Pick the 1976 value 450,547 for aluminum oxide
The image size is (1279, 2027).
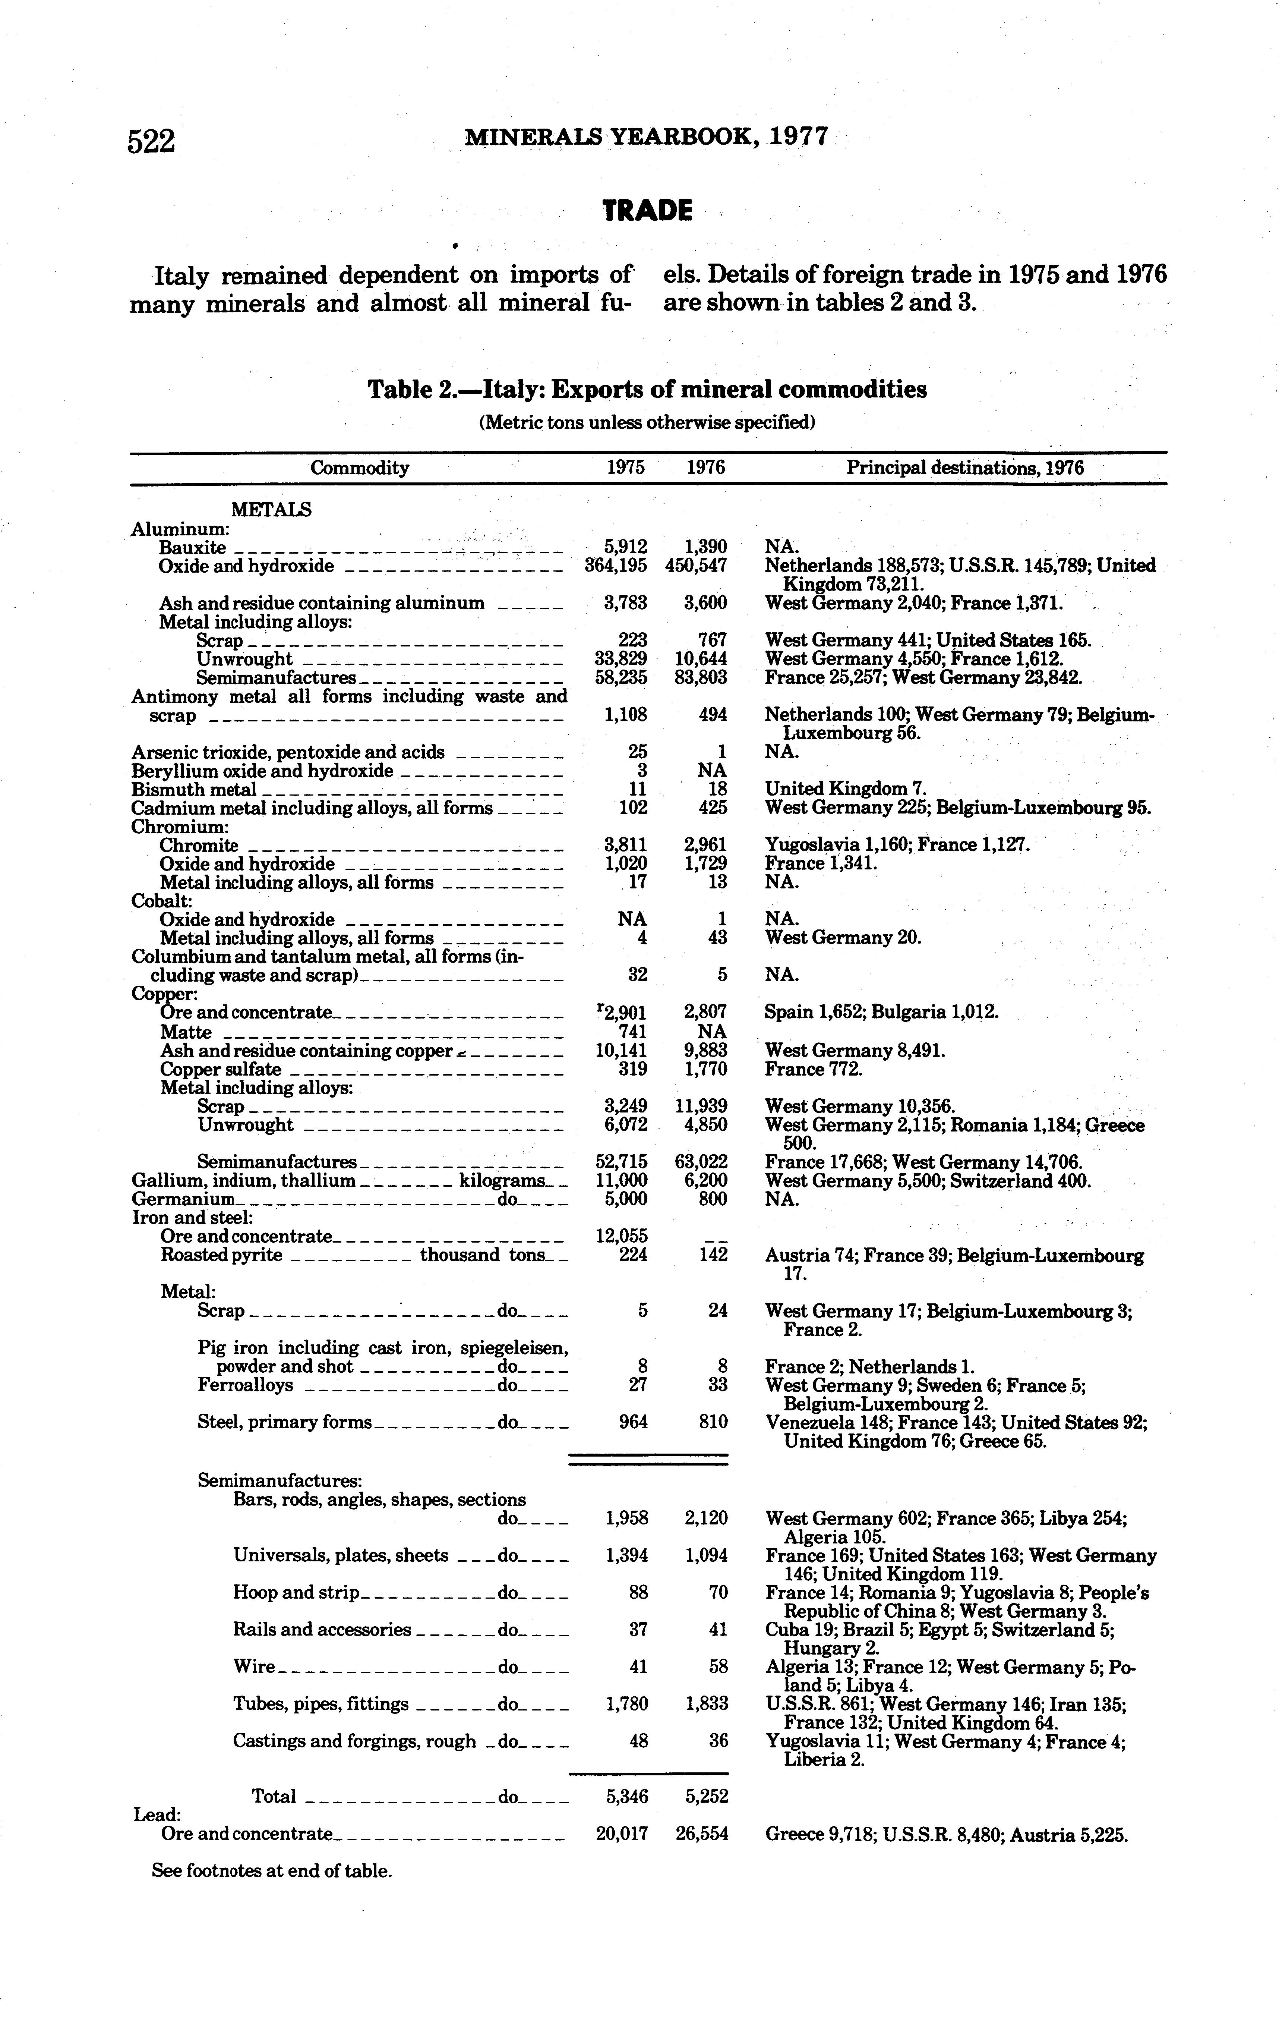[695, 566]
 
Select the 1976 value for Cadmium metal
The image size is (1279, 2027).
[712, 808]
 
